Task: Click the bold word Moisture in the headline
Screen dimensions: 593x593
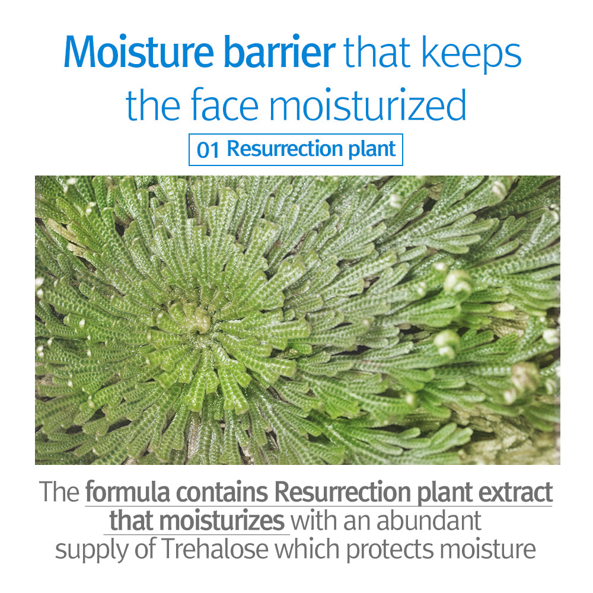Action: tap(139, 52)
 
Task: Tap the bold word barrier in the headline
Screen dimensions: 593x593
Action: tap(279, 52)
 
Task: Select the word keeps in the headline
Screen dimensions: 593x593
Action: tap(471, 55)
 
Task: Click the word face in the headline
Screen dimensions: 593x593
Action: tap(225, 104)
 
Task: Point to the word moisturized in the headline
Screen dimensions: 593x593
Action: tap(367, 104)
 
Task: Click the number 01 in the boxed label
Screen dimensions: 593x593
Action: tap(208, 149)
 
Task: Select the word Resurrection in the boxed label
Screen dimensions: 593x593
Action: tap(285, 148)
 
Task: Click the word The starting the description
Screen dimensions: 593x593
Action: tap(59, 492)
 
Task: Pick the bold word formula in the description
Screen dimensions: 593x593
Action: tap(127, 492)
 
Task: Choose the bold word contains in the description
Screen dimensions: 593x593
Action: tap(223, 492)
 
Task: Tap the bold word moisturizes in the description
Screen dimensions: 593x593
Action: tap(224, 521)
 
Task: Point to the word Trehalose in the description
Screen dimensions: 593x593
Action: tap(215, 549)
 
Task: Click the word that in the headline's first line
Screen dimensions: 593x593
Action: tap(377, 52)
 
